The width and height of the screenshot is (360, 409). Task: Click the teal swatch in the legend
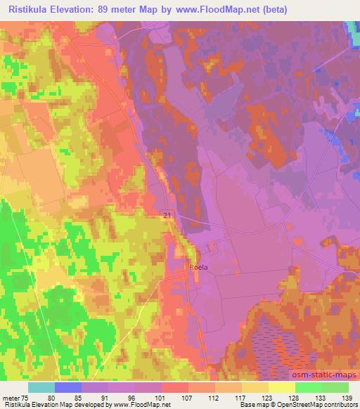[41, 387]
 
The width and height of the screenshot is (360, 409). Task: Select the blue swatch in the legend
[68, 387]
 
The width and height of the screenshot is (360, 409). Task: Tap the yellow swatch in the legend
[282, 387]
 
